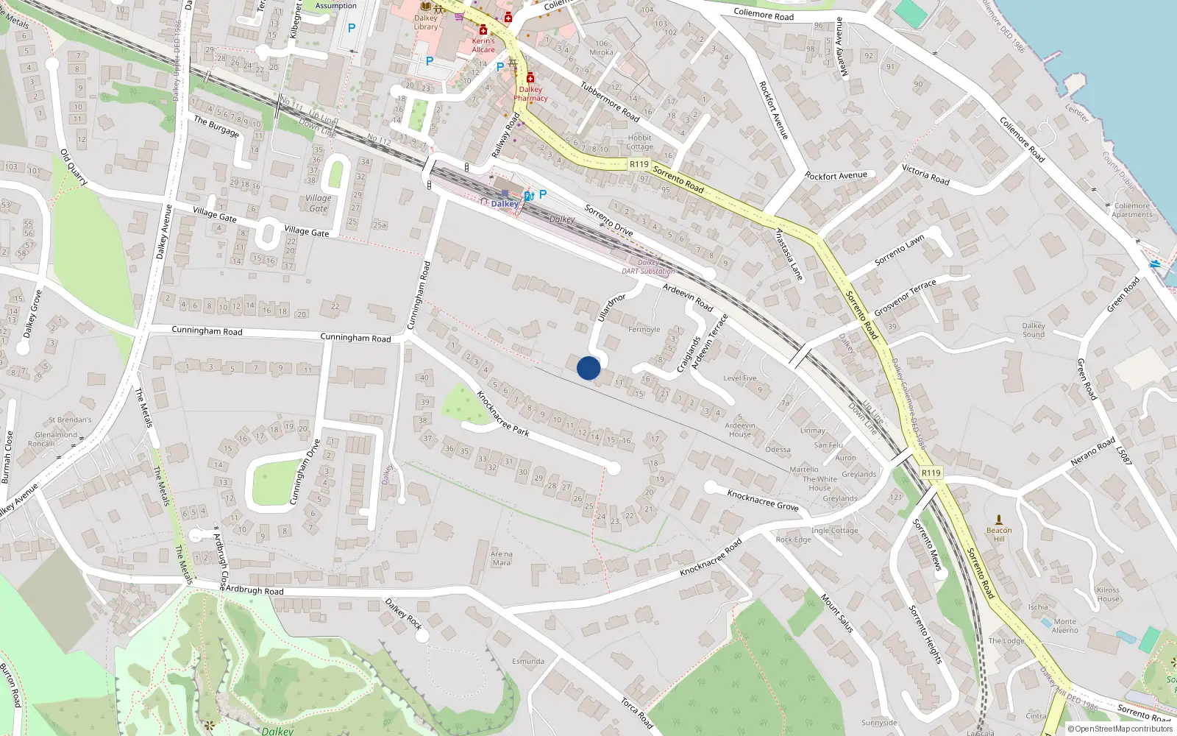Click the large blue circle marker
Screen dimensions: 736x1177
[588, 368]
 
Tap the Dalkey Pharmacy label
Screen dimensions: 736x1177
[530, 93]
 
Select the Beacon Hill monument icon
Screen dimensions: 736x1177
[998, 520]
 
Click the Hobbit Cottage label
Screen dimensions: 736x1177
[639, 142]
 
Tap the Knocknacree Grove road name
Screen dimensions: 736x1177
[763, 500]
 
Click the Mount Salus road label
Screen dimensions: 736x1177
[837, 613]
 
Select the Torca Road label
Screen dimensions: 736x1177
[637, 713]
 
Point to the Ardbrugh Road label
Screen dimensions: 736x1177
[255, 590]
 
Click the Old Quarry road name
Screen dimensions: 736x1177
[74, 167]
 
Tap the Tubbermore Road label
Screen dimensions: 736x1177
[610, 101]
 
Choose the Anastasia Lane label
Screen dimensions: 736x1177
[789, 254]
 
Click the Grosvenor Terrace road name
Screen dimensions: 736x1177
[905, 297]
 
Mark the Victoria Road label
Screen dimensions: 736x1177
[925, 174]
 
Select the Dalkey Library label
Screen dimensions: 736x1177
[426, 23]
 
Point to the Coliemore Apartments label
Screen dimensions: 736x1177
[1132, 210]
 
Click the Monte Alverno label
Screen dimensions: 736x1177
[1064, 626]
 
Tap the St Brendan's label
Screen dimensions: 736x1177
[70, 420]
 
